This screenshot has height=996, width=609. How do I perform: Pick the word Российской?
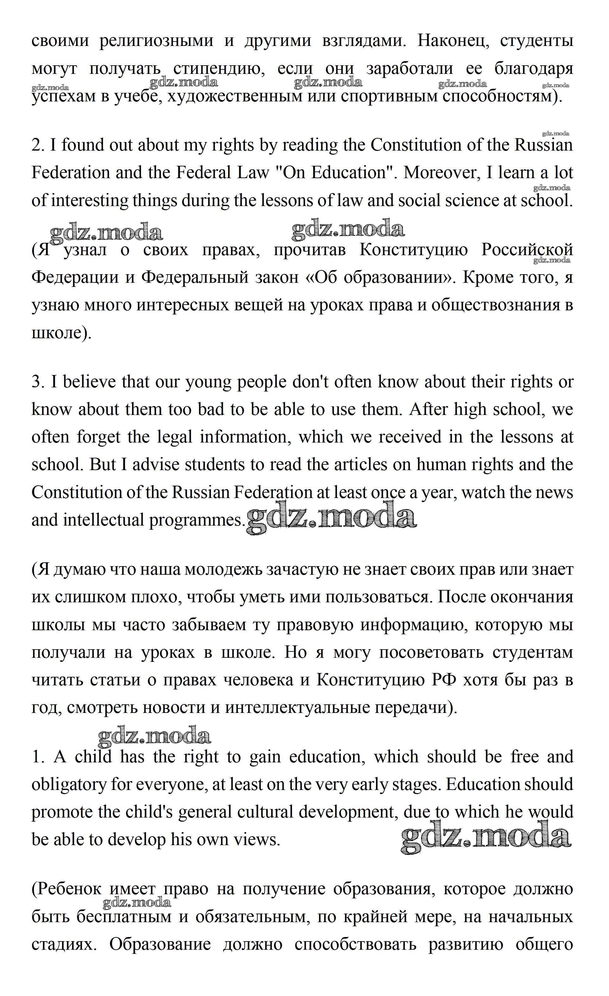click(x=527, y=250)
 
